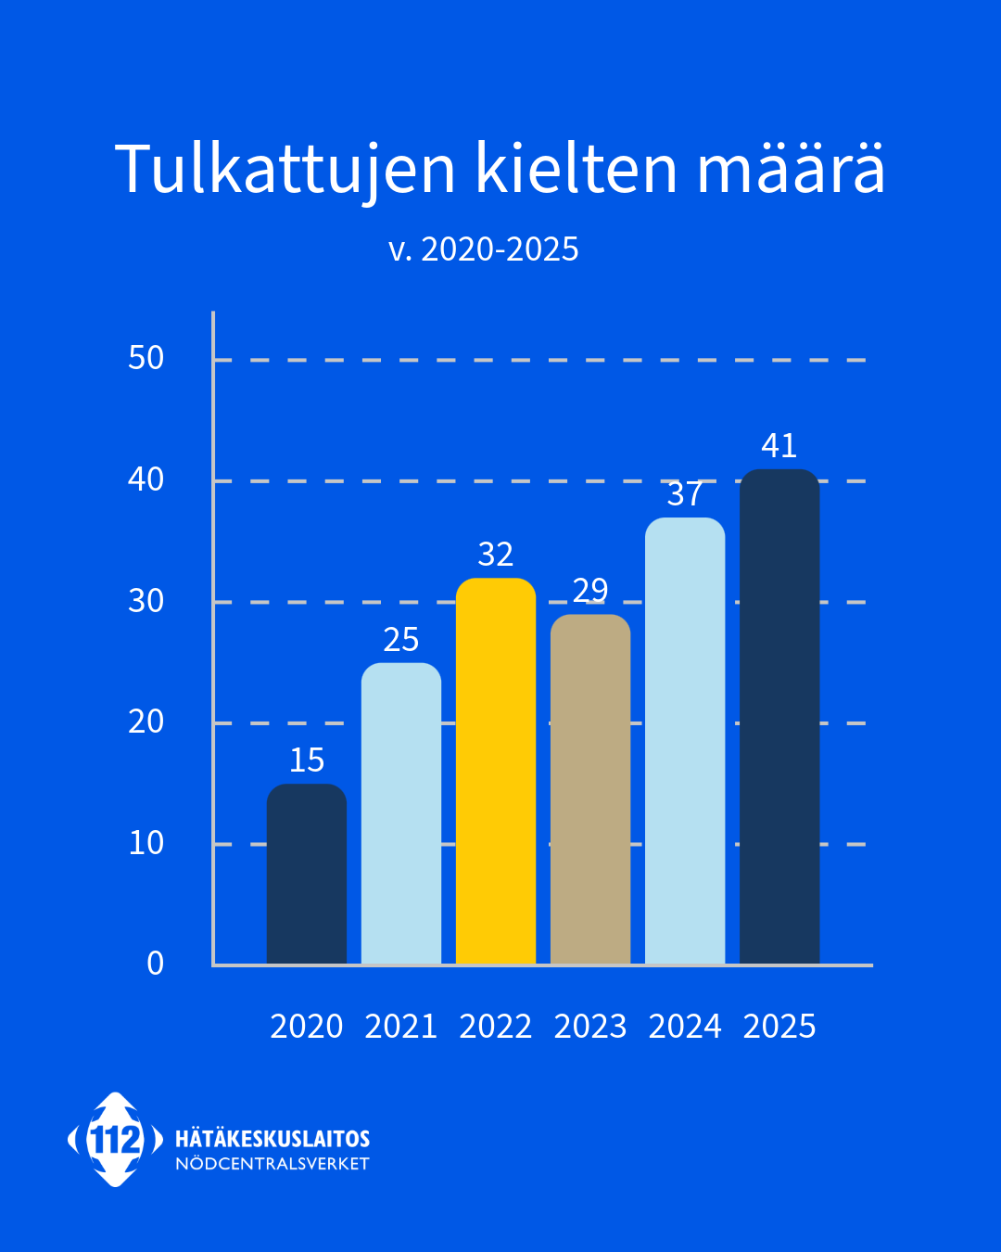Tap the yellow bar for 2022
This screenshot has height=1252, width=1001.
point(496,771)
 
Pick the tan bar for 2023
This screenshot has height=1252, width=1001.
point(590,789)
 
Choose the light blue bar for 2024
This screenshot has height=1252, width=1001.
point(685,741)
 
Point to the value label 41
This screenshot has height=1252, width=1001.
point(779,446)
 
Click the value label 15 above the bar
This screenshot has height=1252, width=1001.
point(307,760)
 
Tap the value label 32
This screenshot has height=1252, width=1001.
point(496,555)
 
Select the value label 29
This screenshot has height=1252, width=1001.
point(590,590)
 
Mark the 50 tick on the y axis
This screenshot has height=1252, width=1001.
point(146,358)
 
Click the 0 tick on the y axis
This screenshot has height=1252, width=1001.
point(156,964)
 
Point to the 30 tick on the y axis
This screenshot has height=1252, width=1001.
point(146,601)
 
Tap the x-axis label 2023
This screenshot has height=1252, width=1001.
point(590,1027)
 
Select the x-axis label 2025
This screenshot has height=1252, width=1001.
point(779,1027)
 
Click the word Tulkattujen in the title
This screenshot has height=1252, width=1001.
point(285,171)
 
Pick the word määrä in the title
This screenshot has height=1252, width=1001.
point(791,171)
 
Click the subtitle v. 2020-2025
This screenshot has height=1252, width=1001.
point(484,249)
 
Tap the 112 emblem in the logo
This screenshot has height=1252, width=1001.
point(115,1140)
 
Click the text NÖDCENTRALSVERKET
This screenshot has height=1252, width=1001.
point(272,1164)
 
